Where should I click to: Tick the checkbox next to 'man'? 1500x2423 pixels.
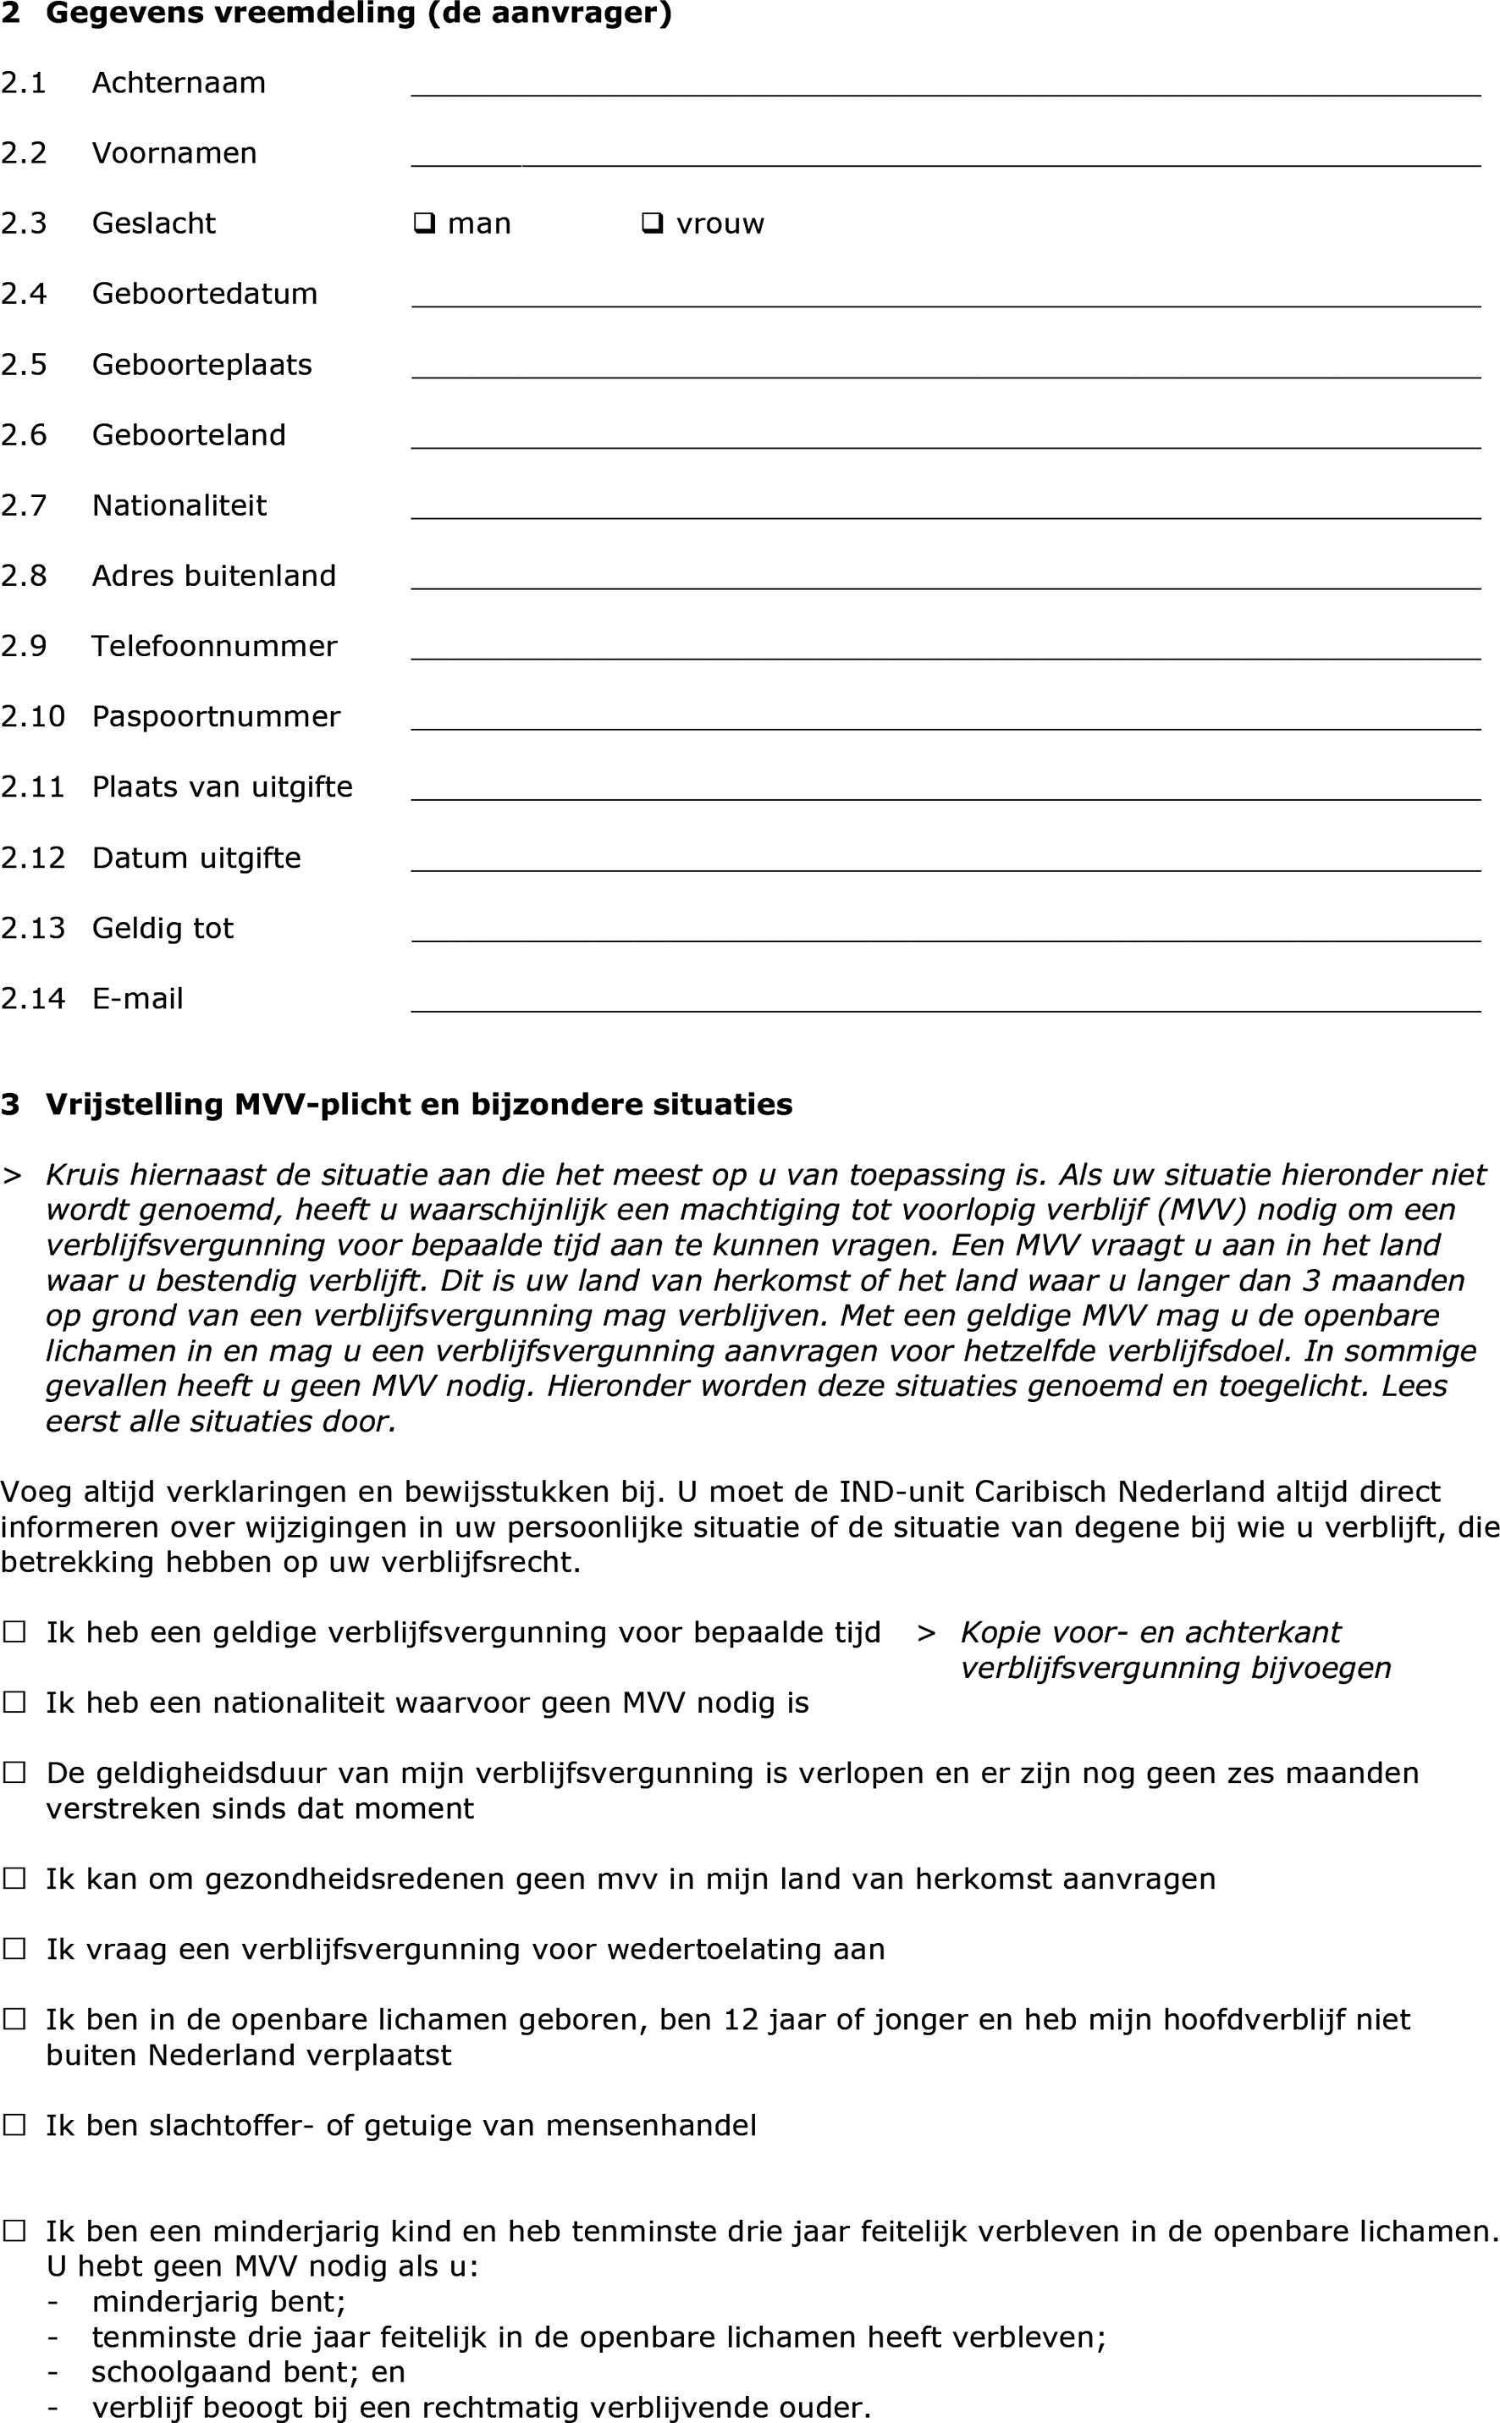pos(425,224)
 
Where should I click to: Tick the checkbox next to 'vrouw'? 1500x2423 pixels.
pos(653,224)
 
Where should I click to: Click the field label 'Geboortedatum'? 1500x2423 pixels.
pos(204,294)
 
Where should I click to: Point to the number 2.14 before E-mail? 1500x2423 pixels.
pos(33,998)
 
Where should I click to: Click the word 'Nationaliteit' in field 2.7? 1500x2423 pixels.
pos(179,505)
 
